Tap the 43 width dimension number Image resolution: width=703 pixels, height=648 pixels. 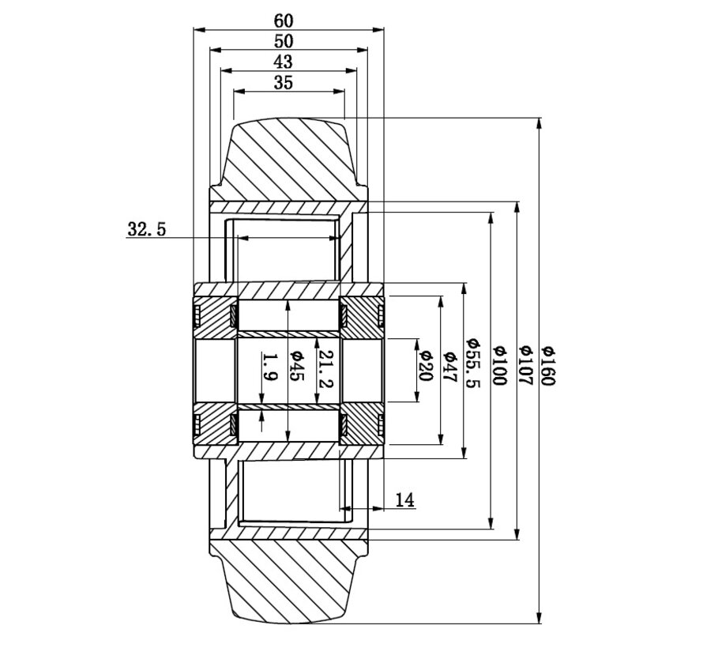click(282, 62)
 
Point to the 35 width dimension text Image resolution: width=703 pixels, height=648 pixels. click(282, 82)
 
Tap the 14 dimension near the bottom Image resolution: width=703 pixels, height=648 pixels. click(404, 499)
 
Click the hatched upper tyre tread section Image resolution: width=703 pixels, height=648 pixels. click(288, 162)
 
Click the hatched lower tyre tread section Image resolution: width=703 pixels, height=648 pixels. click(288, 577)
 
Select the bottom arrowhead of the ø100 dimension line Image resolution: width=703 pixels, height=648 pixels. click(492, 525)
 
